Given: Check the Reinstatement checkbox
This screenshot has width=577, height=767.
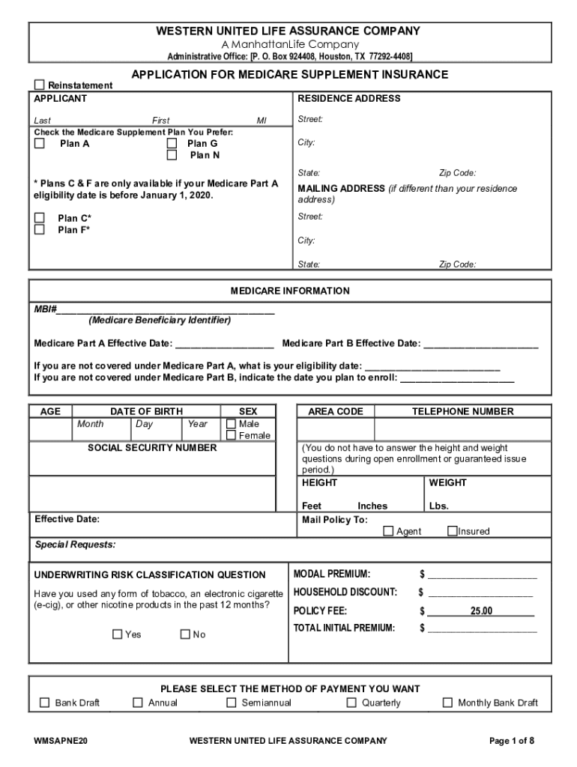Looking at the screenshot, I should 40,85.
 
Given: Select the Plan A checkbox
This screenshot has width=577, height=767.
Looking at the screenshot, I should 40,143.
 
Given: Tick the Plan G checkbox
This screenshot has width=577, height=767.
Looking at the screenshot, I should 172,143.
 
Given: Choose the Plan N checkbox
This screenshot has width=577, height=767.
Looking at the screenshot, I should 172,155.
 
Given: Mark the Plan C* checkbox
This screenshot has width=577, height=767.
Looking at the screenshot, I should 40,218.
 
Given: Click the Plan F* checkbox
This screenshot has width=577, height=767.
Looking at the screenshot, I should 40,230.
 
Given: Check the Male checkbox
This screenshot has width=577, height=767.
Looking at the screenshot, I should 231,424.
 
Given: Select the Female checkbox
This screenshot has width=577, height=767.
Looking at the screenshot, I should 231,435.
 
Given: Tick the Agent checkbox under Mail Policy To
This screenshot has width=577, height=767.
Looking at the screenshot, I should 388,531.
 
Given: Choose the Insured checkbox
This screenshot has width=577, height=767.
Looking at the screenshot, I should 452,531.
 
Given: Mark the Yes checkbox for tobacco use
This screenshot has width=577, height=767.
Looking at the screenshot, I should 117,634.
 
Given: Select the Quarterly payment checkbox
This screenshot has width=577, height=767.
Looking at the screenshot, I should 351,703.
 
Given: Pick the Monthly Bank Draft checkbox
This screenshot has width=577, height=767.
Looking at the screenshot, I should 447,703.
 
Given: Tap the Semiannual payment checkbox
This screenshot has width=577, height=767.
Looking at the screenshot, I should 231,703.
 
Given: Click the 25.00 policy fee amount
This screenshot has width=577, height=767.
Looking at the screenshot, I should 480,611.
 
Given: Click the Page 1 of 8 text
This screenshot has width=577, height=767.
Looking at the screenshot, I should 512,741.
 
